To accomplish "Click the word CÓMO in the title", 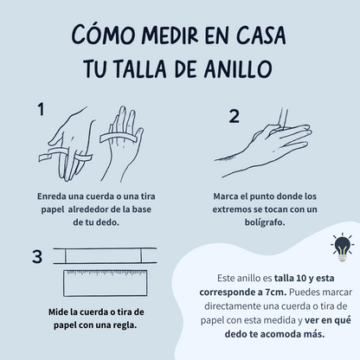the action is (103, 35).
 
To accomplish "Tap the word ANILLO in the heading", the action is (238, 68).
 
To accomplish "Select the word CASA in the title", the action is (261, 35).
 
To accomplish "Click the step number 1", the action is (41, 109).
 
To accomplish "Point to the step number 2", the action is (235, 116).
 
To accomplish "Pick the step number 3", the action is (37, 256).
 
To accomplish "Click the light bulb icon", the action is (342, 247).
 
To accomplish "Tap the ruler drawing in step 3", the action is (106, 283).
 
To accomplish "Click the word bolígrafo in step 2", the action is (265, 222).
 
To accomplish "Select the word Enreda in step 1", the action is (52, 196).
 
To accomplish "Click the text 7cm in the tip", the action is (275, 292).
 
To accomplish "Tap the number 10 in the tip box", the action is (301, 278).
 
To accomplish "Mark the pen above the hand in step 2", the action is (283, 119).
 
